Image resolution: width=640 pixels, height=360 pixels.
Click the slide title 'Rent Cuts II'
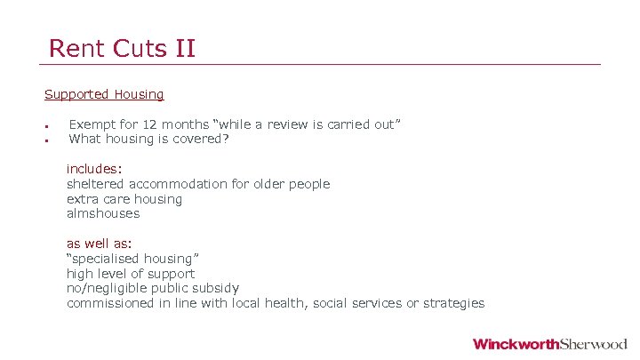(x=122, y=48)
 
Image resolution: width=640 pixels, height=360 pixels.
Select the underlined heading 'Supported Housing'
(x=104, y=94)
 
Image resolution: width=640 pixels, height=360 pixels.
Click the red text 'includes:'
(x=94, y=168)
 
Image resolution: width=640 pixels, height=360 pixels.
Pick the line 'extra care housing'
(x=124, y=199)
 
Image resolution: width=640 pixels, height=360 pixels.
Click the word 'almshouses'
(x=103, y=213)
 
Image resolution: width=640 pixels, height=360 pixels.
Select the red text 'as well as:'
(x=99, y=243)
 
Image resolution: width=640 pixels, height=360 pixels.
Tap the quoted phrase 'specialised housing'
(x=126, y=258)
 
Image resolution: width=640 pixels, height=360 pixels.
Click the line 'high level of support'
(x=131, y=273)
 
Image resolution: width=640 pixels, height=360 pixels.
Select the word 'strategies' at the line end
(x=453, y=303)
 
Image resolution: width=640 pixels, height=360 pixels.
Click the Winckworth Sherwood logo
(x=549, y=344)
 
